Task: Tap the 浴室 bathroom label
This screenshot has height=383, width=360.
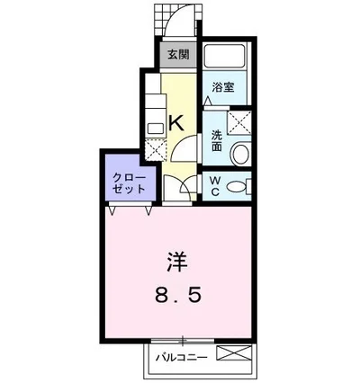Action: coord(223,87)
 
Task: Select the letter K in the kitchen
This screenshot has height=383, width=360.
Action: coord(177,123)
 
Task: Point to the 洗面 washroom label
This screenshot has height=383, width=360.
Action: coord(217,140)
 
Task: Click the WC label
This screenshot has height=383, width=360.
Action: coord(216,185)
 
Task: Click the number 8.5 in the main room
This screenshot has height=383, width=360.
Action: coord(177,294)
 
